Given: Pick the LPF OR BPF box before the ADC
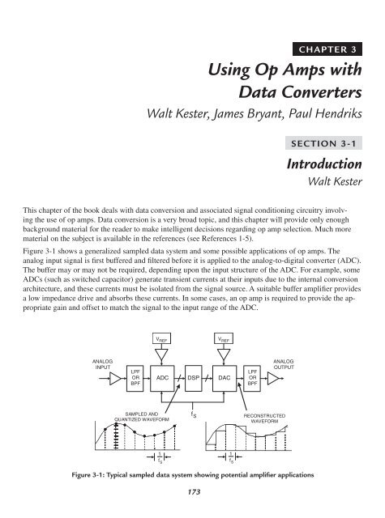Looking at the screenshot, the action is [135, 377].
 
